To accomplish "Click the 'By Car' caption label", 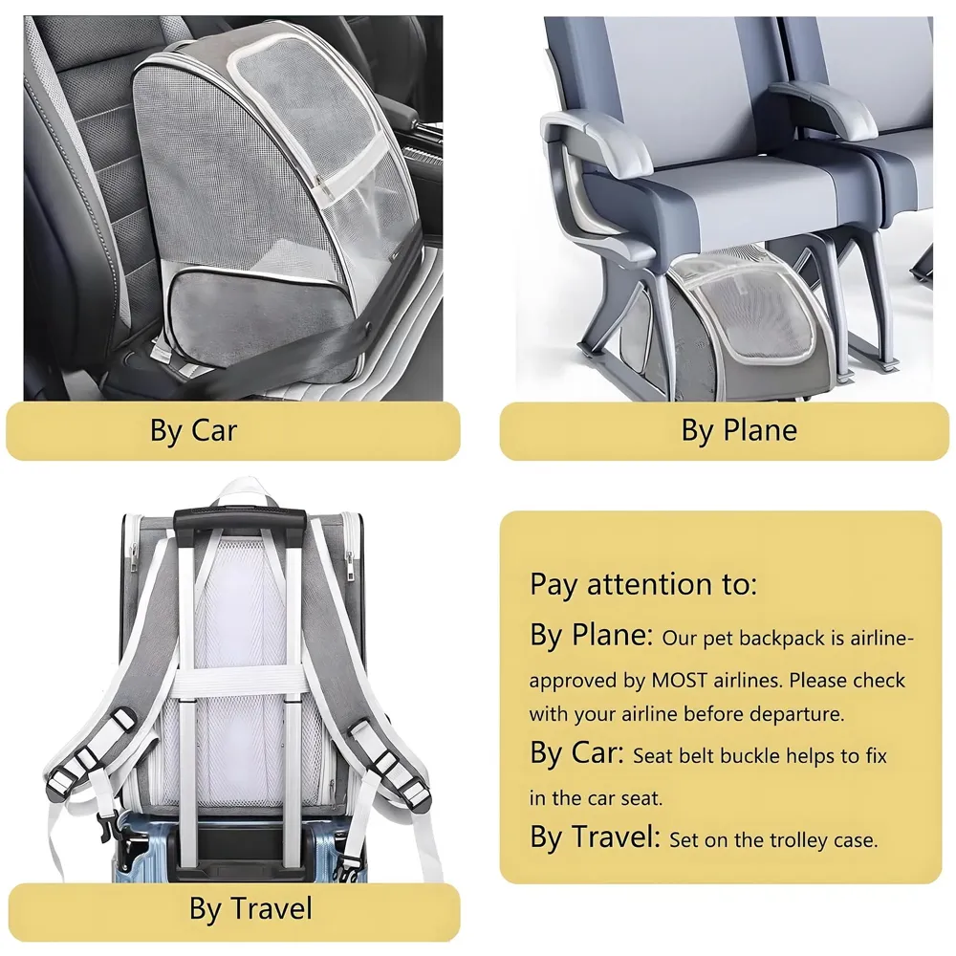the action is (x=193, y=430).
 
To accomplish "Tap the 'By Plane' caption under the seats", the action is (x=739, y=430).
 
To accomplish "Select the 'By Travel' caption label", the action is (x=250, y=909).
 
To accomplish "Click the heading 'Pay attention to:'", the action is (x=643, y=585).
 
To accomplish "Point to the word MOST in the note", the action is (x=679, y=680).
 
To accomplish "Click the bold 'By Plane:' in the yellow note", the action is (x=592, y=636).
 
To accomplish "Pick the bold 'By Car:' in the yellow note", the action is (x=576, y=753).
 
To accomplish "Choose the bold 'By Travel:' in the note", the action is (x=595, y=837).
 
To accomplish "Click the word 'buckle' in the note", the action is (x=752, y=756).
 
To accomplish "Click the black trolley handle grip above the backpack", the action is (x=239, y=519).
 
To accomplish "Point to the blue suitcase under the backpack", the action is (x=241, y=848).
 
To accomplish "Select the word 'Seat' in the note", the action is (x=652, y=756).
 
